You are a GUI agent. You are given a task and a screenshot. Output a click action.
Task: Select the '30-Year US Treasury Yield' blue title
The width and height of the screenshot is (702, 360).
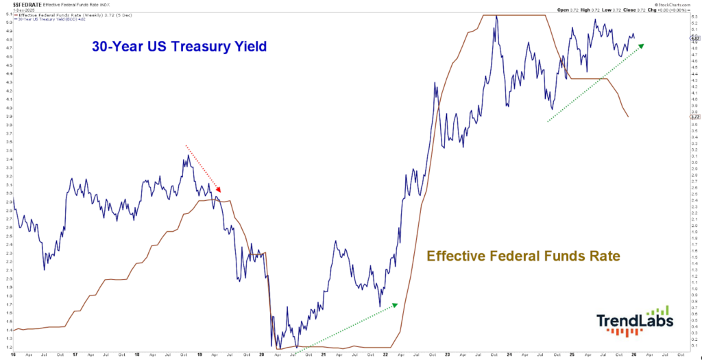click(x=179, y=47)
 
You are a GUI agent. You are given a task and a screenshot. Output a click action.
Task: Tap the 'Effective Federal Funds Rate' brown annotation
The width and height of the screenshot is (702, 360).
click(x=523, y=256)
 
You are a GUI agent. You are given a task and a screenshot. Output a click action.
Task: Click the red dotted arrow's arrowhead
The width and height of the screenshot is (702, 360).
click(x=219, y=191)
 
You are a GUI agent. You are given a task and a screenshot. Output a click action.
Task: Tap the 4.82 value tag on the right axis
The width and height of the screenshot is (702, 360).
click(x=694, y=39)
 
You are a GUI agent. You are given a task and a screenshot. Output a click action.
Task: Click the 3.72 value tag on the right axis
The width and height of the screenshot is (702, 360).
click(x=694, y=117)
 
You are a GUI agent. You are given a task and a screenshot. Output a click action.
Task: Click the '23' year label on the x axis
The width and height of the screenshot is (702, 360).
click(x=448, y=355)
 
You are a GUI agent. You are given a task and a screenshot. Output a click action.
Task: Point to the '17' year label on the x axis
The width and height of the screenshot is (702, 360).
click(x=75, y=355)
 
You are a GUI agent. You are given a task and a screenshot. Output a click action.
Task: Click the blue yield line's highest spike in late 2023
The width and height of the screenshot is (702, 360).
click(x=495, y=16)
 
